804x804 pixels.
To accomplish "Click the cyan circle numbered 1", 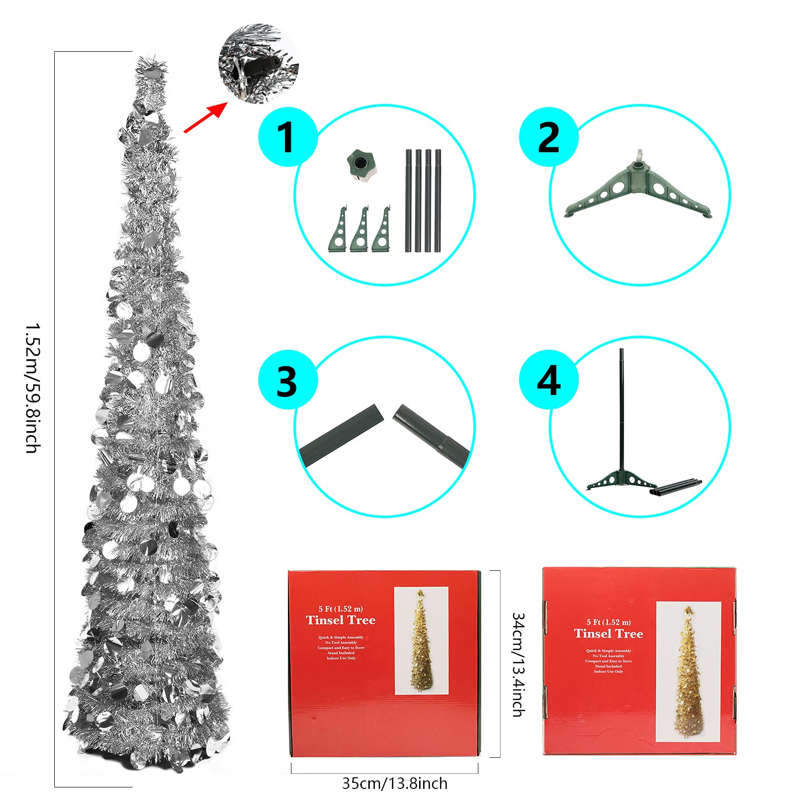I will tap(287, 137).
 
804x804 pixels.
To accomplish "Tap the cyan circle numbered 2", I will tap(548, 137).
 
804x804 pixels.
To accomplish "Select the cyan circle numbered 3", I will tap(287, 380).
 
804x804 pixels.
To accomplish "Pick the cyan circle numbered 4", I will tap(548, 380).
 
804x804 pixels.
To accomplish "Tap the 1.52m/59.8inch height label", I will tap(32, 388).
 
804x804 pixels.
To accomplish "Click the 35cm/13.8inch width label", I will tap(394, 783).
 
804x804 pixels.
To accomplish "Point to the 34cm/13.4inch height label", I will tap(518, 664).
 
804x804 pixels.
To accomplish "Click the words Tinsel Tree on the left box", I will tap(341, 621).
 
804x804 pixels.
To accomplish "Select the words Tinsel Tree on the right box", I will tap(609, 634).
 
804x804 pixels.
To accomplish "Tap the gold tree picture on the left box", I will tap(421, 640).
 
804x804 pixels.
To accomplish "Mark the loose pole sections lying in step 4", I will tap(676, 487).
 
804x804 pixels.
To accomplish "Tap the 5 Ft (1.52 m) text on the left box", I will tap(340, 609).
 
